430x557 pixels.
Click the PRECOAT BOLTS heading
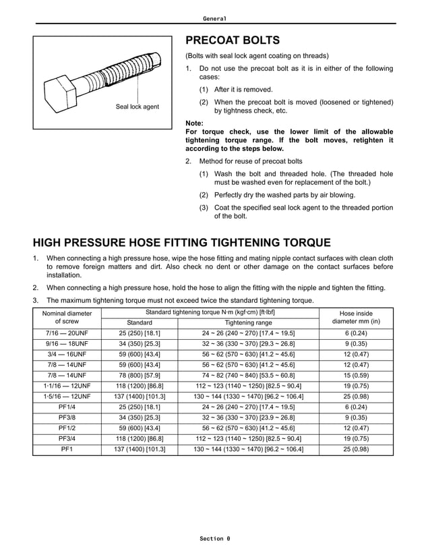pos(232,40)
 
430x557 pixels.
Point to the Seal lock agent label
pos(137,107)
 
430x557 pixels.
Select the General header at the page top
pos(214,18)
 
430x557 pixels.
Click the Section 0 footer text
pos(214,539)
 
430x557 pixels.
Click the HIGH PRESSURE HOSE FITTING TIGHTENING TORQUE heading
pos(182,243)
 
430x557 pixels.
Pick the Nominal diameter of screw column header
pos(67,318)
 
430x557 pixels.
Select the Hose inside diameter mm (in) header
pos(356,318)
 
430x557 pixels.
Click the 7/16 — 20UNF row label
pos(67,334)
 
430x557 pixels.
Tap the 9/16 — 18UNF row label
pos(67,343)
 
